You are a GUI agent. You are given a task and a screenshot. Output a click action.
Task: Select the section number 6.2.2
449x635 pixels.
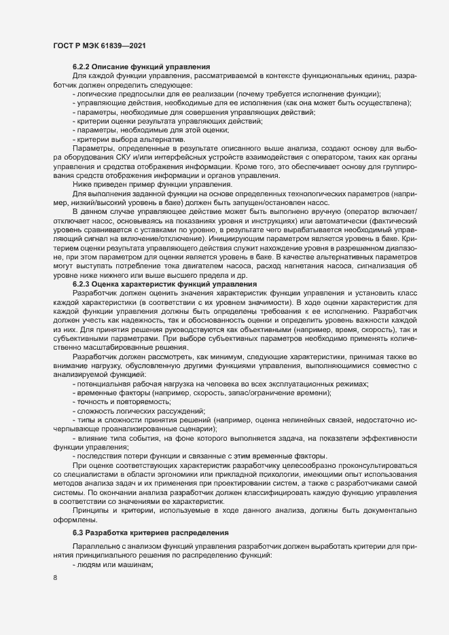click(x=82, y=67)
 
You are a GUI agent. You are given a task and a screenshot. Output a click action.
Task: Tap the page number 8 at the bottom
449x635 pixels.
click(x=55, y=579)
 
